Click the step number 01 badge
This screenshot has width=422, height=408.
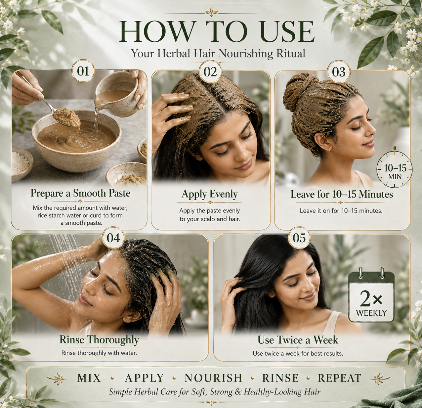(x=83, y=71)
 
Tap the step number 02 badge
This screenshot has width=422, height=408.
(x=210, y=71)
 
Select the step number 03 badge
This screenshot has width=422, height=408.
(x=339, y=71)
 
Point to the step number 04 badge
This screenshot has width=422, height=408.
(x=113, y=238)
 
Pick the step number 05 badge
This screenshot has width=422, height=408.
(x=299, y=238)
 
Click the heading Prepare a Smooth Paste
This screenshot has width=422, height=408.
(x=80, y=193)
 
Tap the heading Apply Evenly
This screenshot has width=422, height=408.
(x=210, y=194)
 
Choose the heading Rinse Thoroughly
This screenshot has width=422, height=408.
(x=99, y=340)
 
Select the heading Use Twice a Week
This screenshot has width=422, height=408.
(x=298, y=340)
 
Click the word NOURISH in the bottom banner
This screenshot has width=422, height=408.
(x=213, y=378)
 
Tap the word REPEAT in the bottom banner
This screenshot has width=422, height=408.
(x=340, y=378)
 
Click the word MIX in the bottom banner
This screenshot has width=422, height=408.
(x=89, y=378)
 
